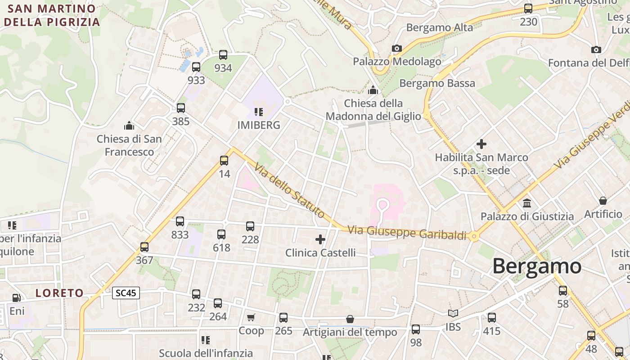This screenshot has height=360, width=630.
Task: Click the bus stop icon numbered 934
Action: (x=223, y=55)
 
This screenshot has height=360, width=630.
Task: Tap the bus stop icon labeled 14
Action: (x=224, y=161)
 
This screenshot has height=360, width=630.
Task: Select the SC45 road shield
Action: (x=126, y=293)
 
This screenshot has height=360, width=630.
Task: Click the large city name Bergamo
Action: (x=537, y=266)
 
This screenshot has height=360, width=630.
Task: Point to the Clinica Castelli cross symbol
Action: (x=320, y=239)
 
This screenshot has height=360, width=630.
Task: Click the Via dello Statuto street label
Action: (x=289, y=190)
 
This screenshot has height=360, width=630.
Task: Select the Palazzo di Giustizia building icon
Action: (x=527, y=203)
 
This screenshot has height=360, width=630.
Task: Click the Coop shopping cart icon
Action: (x=251, y=318)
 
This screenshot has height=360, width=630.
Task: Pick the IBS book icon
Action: (x=453, y=313)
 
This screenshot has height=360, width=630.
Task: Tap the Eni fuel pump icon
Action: (x=17, y=298)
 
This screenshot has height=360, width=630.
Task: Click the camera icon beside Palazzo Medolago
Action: (x=396, y=49)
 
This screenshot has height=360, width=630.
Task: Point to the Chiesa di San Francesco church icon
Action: (x=129, y=126)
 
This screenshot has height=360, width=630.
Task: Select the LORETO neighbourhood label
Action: (x=59, y=293)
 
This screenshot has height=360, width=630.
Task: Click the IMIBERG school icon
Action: (x=258, y=112)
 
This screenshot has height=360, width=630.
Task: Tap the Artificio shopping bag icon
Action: (x=603, y=201)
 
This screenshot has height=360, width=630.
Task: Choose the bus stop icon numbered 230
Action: (x=528, y=9)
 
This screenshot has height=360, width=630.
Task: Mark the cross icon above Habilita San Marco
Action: (x=481, y=144)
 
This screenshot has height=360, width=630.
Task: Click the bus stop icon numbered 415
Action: (x=492, y=318)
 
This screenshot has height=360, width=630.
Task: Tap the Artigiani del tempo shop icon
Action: (x=350, y=319)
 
